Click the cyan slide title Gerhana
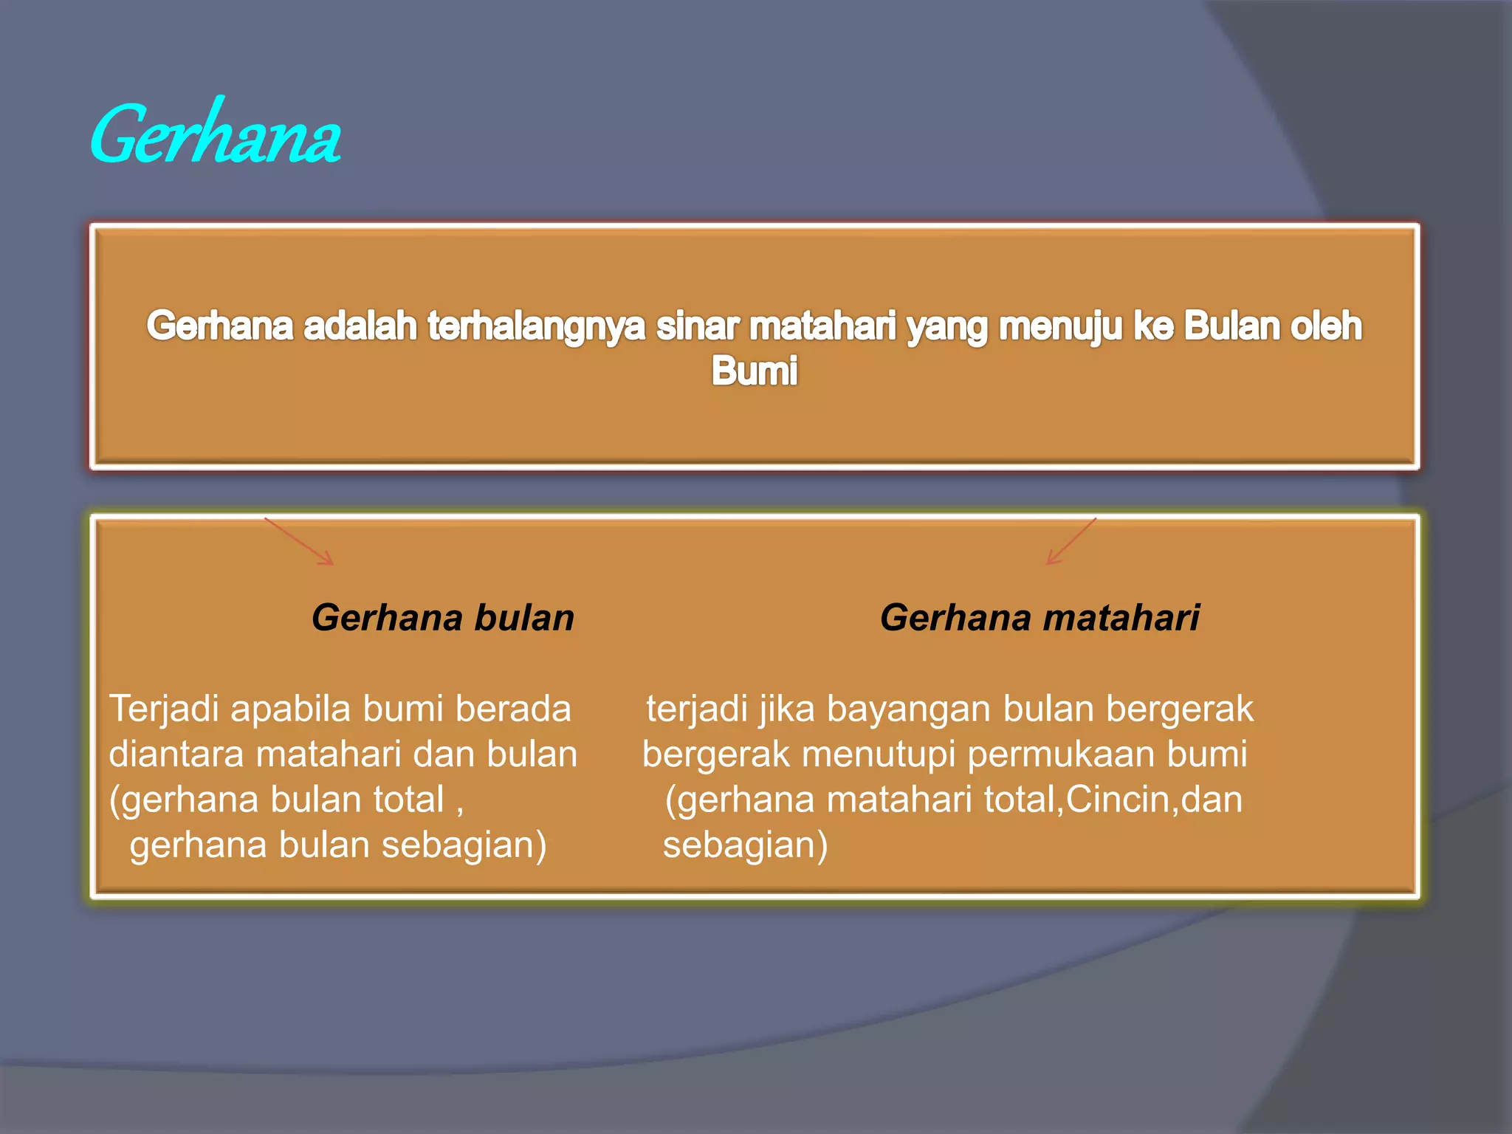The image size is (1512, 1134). pos(215,134)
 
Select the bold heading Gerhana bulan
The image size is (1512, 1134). pos(443,617)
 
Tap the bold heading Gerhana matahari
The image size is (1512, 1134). pos(1039,617)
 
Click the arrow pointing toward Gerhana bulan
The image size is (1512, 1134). pos(300,542)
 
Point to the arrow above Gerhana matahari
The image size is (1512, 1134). pos(1071,541)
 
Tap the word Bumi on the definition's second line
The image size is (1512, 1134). pos(755,371)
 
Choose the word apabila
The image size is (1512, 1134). pos(292,709)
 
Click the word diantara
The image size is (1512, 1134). pos(176,755)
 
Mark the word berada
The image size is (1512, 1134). pos(513,709)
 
